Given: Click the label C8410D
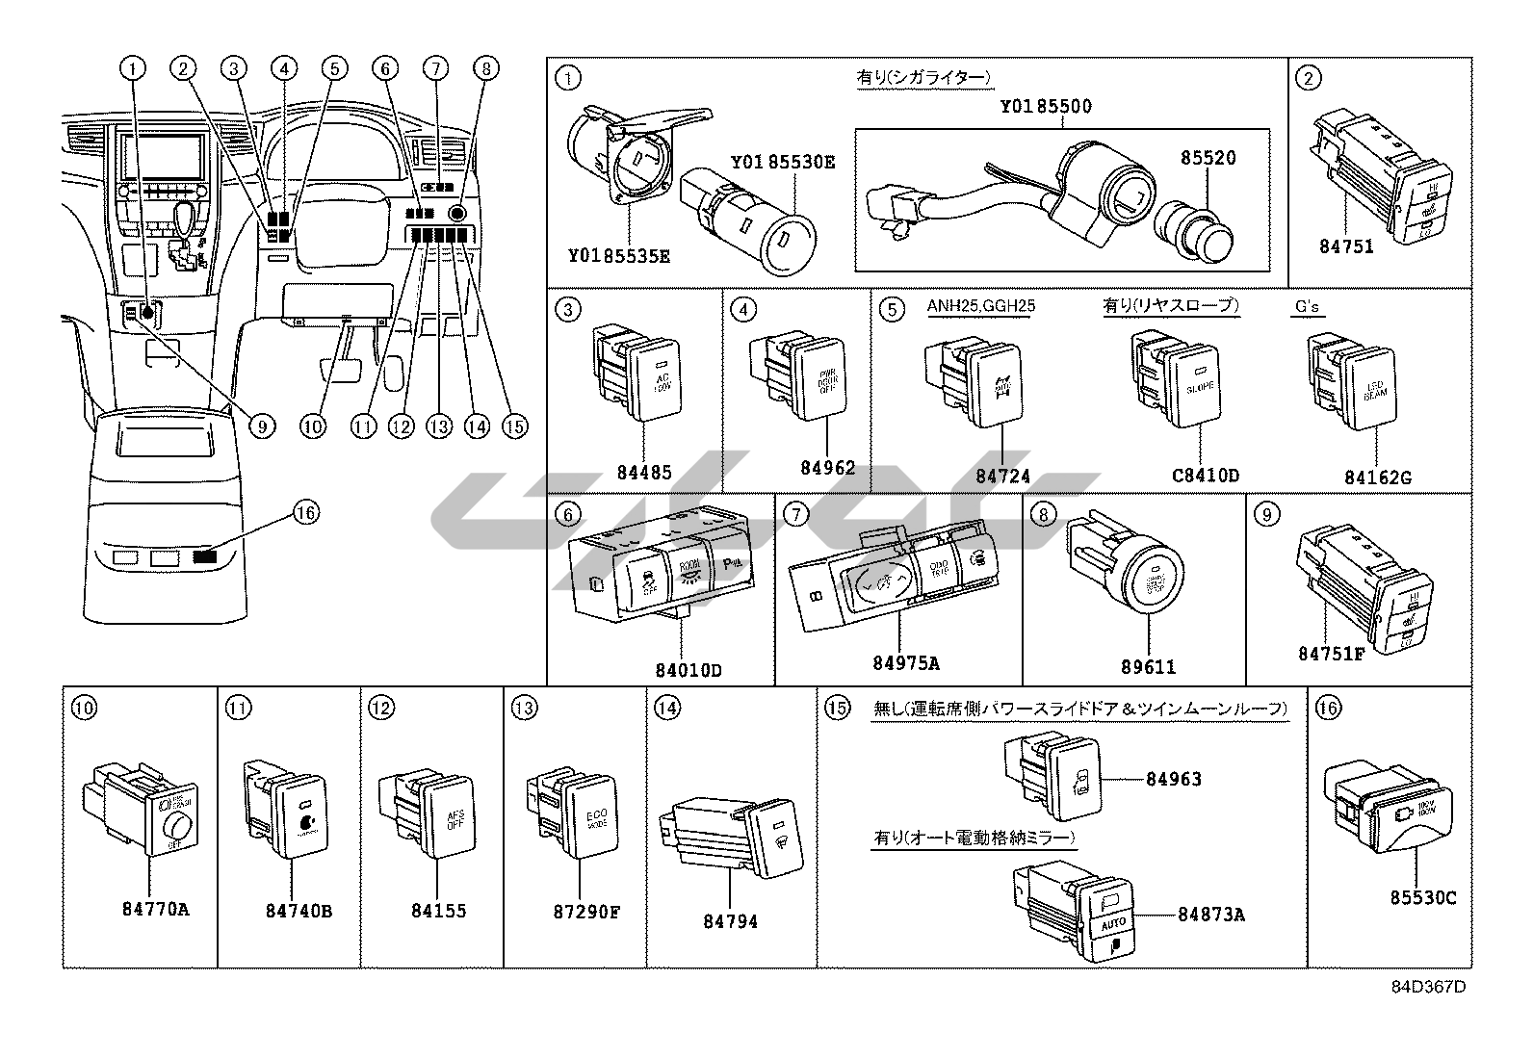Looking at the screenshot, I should pyautogui.click(x=1205, y=475).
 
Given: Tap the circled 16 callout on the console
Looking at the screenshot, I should pyautogui.click(x=305, y=513).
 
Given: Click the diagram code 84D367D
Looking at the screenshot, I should pyautogui.click(x=1428, y=987).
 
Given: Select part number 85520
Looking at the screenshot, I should pyautogui.click(x=1208, y=158).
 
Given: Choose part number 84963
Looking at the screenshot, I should pyautogui.click(x=1173, y=779).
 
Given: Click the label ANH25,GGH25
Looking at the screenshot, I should pyautogui.click(x=980, y=307).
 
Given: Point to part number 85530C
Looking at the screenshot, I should pyautogui.click(x=1422, y=898).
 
